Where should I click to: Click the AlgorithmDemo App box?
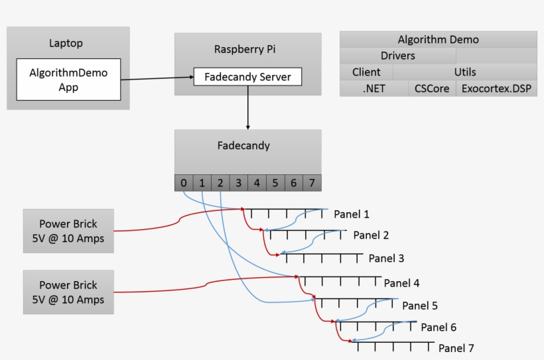tap(68, 80)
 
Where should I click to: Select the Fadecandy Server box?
tap(247, 77)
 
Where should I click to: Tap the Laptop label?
tap(66, 44)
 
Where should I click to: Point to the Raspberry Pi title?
tap(247, 49)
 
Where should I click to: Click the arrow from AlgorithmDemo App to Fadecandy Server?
tap(157, 79)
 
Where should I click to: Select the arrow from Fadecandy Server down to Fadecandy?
tap(248, 106)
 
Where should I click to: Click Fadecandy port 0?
tap(184, 182)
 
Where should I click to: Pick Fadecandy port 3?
tap(238, 182)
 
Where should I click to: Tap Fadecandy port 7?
tap(312, 182)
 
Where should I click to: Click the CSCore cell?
tap(432, 88)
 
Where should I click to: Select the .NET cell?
tap(374, 88)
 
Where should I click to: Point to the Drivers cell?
tap(398, 56)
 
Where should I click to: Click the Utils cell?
tap(465, 72)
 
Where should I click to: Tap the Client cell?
tap(366, 72)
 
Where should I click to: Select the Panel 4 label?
tap(401, 283)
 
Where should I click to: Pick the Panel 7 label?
tap(456, 348)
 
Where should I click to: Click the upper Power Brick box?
tap(68, 231)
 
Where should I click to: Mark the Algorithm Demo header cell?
tap(438, 40)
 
